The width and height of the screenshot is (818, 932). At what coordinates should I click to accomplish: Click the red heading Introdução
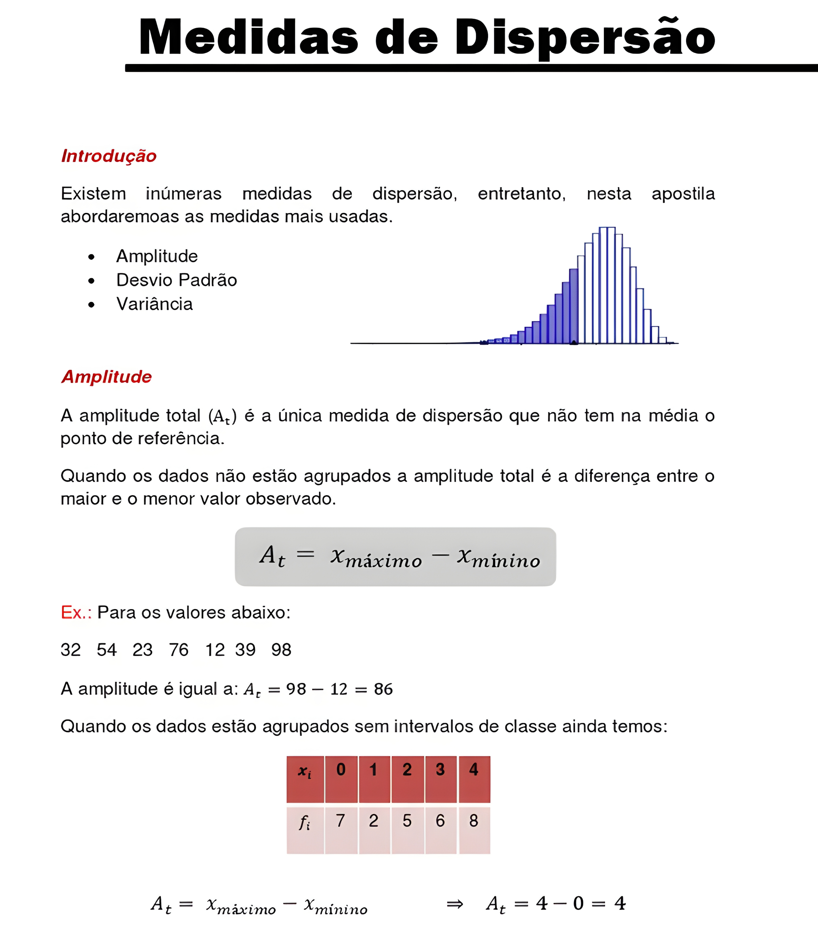(109, 156)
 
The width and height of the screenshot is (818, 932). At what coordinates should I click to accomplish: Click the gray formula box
(395, 557)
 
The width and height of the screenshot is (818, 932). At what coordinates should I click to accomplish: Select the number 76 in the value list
(179, 650)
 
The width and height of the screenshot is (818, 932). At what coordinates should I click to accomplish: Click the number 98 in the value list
(281, 650)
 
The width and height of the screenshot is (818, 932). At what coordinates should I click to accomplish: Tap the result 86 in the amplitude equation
(383, 689)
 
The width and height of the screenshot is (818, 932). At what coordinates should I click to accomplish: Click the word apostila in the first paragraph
(683, 194)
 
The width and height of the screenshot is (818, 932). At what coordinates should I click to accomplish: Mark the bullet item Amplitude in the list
(157, 256)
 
